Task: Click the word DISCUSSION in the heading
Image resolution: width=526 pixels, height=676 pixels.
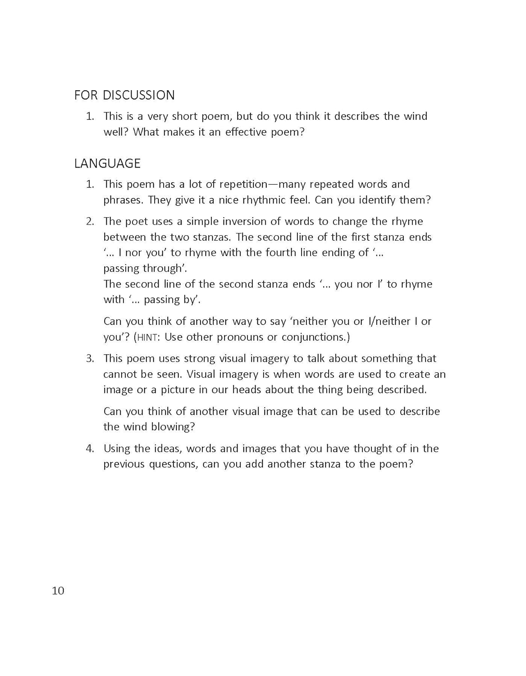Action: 138,95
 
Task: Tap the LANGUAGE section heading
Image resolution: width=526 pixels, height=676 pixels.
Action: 107,163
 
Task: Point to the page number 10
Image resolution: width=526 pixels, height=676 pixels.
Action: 58,591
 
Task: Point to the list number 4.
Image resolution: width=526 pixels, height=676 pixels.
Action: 90,448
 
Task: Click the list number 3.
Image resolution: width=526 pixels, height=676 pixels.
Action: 90,358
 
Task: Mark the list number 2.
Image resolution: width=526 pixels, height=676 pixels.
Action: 90,221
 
